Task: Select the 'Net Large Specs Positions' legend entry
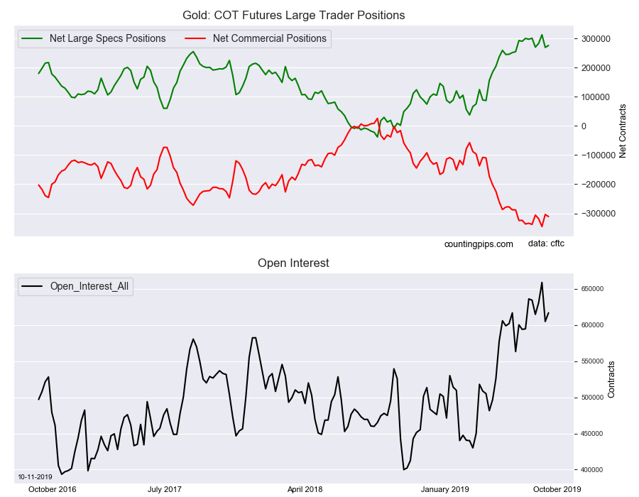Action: [107, 38]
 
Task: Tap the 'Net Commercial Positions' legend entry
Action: [270, 38]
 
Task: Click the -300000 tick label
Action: [595, 214]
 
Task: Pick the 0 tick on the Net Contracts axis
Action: [584, 126]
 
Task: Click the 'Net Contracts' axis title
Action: [623, 126]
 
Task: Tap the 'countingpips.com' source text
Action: [479, 244]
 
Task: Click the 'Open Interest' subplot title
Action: [293, 263]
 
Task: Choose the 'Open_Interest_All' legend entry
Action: [90, 286]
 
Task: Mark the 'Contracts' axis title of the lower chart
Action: [611, 379]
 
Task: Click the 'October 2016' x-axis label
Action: [52, 489]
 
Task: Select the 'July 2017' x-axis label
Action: [165, 489]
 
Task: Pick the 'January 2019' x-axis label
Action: [444, 489]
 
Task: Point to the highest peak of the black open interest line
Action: [542, 282]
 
